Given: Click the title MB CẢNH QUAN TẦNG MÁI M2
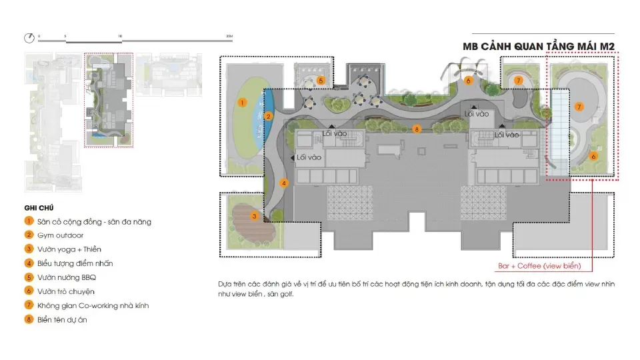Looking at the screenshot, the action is pyautogui.click(x=539, y=47).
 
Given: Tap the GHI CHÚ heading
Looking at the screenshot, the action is pyautogui.click(x=39, y=208).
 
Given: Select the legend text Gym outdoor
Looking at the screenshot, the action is pyautogui.click(x=61, y=235).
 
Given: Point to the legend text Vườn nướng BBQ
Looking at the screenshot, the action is pyautogui.click(x=67, y=277).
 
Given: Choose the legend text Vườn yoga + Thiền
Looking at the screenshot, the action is pyautogui.click(x=69, y=249).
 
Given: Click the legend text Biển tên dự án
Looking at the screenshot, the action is pyautogui.click(x=62, y=320).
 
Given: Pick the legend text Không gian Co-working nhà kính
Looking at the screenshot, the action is pyautogui.click(x=93, y=306).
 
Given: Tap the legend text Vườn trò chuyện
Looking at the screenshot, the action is pyautogui.click(x=66, y=292).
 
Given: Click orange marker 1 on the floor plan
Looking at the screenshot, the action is pyautogui.click(x=242, y=103).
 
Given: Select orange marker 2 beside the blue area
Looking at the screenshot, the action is pyautogui.click(x=268, y=116).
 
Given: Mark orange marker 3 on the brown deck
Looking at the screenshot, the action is pyautogui.click(x=254, y=216).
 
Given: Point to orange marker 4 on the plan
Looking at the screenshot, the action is pyautogui.click(x=284, y=183).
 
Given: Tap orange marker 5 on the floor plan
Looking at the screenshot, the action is pyautogui.click(x=321, y=81).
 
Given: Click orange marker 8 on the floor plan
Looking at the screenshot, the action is pyautogui.click(x=416, y=129).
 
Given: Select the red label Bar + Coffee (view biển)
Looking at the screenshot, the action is pyautogui.click(x=539, y=266).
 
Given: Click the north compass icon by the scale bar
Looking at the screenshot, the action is pyautogui.click(x=29, y=38).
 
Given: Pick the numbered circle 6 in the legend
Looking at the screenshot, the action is pyautogui.click(x=29, y=291).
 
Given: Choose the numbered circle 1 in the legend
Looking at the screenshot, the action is pyautogui.click(x=29, y=221).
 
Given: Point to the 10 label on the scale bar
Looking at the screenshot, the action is pyautogui.click(x=120, y=36).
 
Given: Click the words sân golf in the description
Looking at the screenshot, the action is pyautogui.click(x=280, y=294).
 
